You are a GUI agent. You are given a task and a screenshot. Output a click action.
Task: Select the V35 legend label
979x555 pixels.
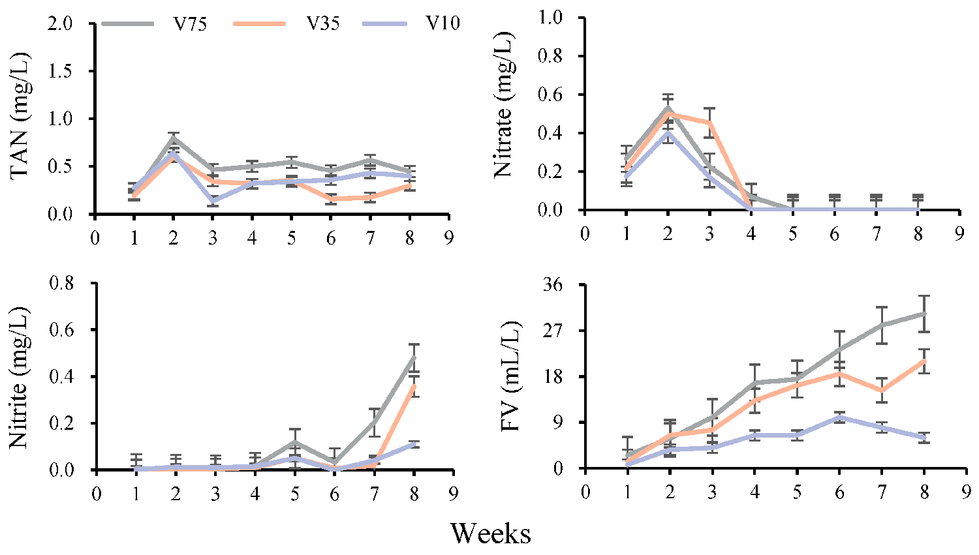(323, 24)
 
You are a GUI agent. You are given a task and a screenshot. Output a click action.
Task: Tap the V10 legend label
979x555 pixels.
(443, 24)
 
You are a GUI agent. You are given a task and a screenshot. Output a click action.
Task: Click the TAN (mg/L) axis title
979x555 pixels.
(22, 118)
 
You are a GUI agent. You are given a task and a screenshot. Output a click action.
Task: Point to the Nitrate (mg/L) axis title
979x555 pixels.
(504, 113)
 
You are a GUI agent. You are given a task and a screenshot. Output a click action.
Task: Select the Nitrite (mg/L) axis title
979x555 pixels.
(19, 376)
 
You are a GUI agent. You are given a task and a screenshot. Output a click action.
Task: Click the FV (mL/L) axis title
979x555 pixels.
(511, 376)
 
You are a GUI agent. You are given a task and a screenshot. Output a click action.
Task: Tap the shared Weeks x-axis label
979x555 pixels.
(490, 533)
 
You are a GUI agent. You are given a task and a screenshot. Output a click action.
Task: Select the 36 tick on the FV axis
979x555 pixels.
(561, 285)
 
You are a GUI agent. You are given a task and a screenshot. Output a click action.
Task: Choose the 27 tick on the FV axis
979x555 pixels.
(561, 331)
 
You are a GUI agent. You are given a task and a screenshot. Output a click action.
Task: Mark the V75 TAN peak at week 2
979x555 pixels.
(174, 138)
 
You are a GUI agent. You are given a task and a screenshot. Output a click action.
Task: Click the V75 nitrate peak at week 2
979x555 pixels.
(668, 108)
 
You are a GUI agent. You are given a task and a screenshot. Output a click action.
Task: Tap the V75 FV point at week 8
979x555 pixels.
(924, 313)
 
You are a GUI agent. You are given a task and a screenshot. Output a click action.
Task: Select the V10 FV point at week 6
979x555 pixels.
(839, 417)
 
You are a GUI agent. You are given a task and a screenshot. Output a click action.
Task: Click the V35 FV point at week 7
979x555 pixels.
(882, 390)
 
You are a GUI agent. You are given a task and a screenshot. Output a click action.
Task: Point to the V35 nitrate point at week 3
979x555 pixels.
(709, 123)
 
